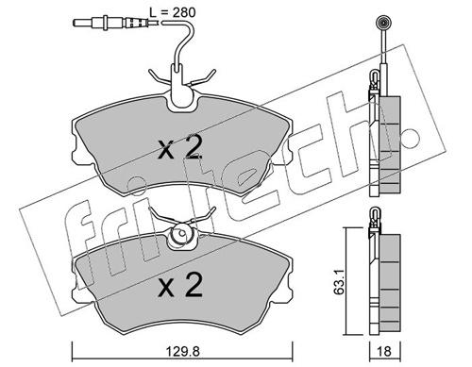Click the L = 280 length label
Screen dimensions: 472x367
tap(172, 12)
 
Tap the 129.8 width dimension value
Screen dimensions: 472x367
tap(183, 351)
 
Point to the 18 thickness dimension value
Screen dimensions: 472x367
tap(384, 351)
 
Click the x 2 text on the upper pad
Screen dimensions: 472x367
tap(179, 148)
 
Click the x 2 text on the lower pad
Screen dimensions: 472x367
tap(179, 286)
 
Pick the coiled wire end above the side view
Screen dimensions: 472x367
tap(384, 23)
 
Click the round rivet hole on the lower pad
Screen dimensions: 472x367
tap(182, 234)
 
